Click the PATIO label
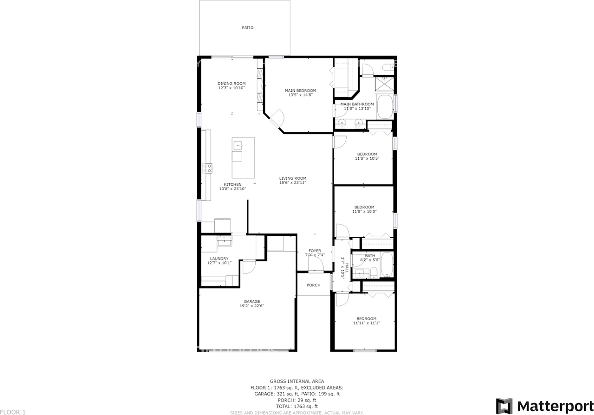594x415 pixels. [x=247, y=28]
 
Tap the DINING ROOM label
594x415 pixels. [x=232, y=84]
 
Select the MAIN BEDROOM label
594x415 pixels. [x=300, y=91]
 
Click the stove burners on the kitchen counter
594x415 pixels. [x=207, y=168]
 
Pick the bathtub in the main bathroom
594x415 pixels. [x=385, y=107]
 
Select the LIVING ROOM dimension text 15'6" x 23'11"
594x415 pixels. [x=292, y=183]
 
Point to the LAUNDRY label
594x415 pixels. [x=219, y=259]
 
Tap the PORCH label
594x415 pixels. [x=313, y=285]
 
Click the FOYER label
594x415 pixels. [x=315, y=251]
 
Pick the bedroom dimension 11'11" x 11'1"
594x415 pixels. [x=367, y=323]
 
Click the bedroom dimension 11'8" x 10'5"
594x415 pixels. [x=367, y=158]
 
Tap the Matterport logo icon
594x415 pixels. [x=504, y=406]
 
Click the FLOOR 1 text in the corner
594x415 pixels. [x=13, y=412]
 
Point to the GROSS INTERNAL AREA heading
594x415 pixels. [x=297, y=381]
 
